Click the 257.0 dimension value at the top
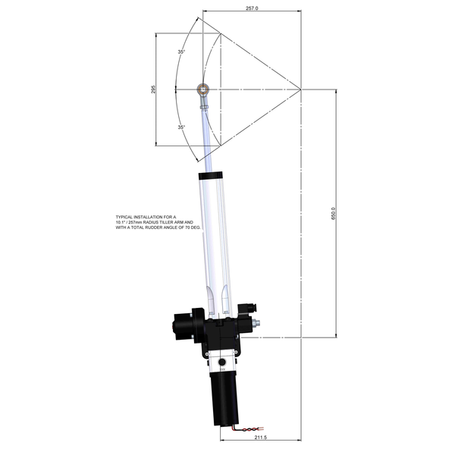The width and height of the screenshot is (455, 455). point(252,8)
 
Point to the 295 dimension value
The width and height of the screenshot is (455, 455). point(153,89)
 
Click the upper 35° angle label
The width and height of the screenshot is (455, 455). point(181,52)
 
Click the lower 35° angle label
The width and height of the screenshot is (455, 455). point(181,127)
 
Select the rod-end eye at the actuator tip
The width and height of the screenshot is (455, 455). point(203,89)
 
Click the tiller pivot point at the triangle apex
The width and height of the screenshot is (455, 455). point(302,89)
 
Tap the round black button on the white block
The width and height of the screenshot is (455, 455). point(222,364)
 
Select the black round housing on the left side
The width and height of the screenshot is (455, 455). point(182,322)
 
